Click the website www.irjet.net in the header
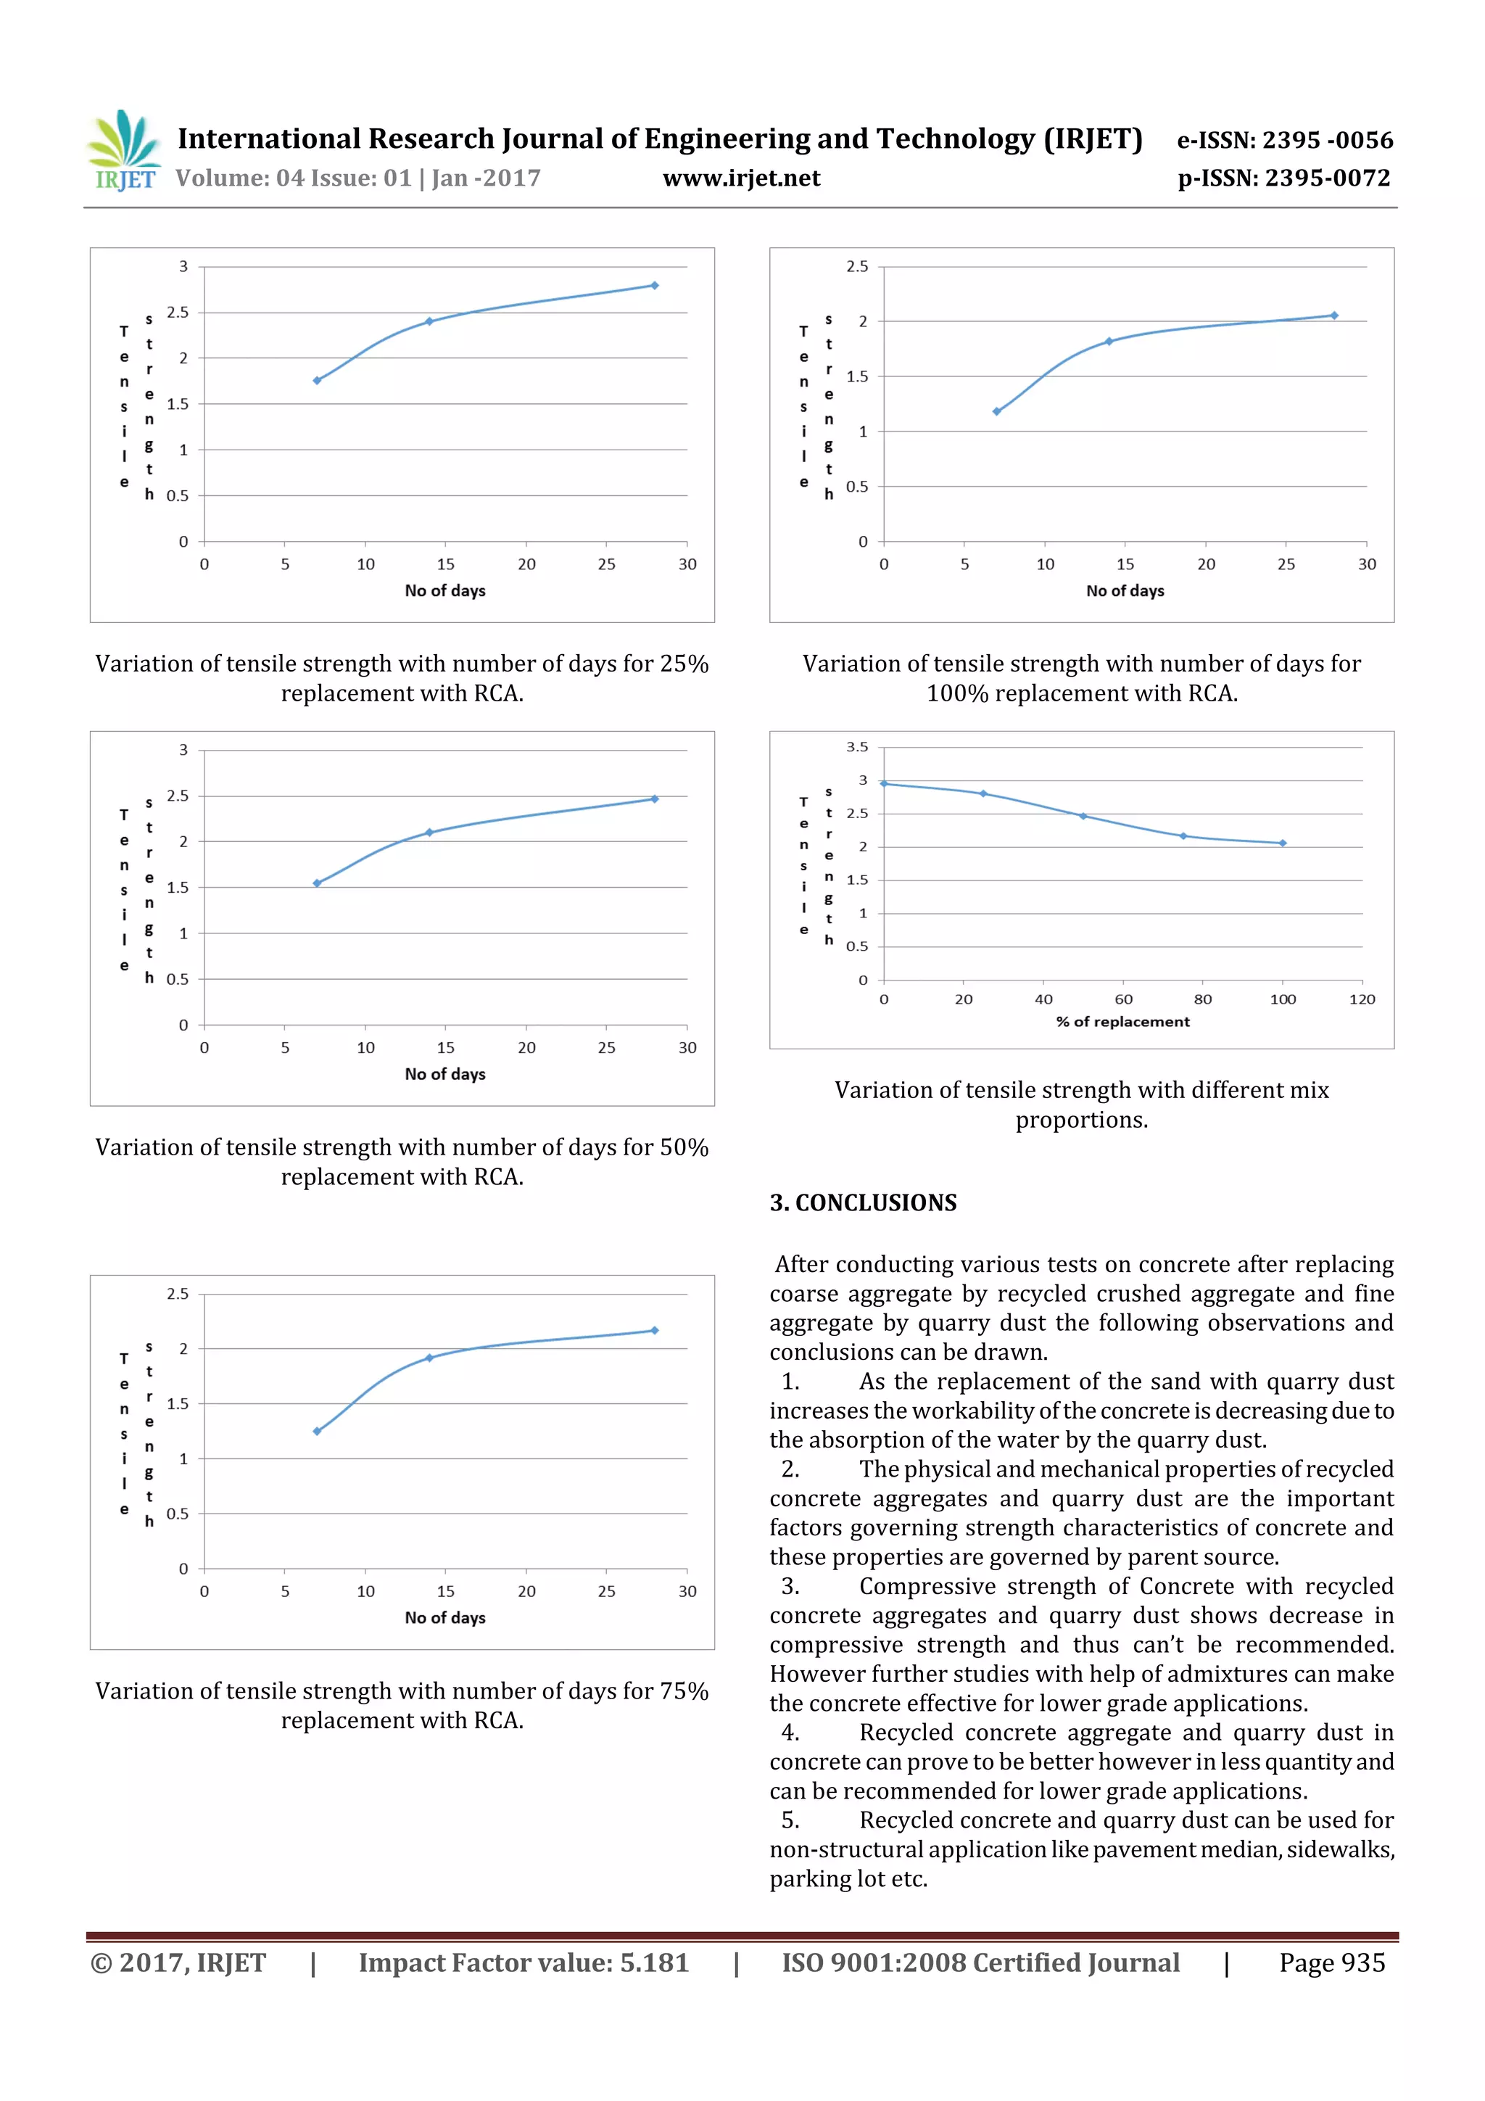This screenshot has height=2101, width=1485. click(741, 178)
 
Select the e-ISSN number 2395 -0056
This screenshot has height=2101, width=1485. click(1327, 140)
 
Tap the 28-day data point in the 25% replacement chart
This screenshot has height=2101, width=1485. click(654, 286)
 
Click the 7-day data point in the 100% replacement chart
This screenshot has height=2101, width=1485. click(996, 412)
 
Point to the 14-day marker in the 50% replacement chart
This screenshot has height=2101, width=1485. click(429, 833)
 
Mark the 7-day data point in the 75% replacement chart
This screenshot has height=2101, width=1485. click(317, 1431)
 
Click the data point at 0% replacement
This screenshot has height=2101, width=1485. click(884, 783)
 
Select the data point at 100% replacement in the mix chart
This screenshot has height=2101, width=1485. click(1283, 843)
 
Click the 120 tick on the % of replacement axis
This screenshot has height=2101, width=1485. click(1362, 999)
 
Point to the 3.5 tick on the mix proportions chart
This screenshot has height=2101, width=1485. click(857, 747)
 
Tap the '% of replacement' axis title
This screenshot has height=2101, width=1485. click(1122, 1021)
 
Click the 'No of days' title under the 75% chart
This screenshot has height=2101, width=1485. click(444, 1617)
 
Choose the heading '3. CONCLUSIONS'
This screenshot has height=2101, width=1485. click(863, 1202)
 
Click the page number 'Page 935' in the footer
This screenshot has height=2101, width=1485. click(1331, 1962)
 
